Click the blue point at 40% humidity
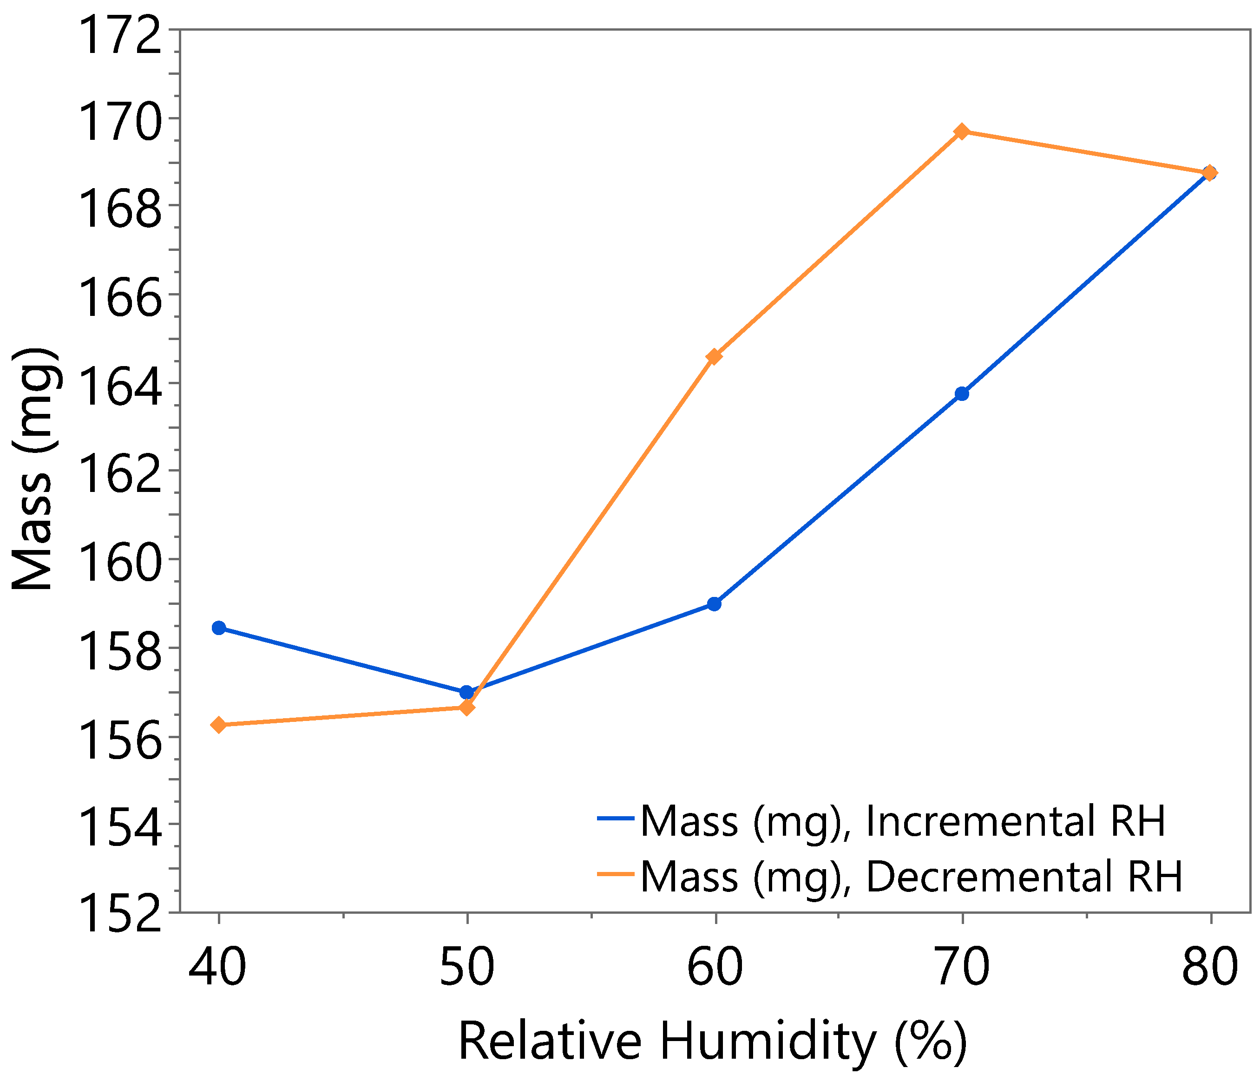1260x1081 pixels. point(219,628)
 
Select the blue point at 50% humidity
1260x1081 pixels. point(466,693)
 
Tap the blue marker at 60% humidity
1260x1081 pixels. point(715,604)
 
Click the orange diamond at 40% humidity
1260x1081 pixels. point(219,725)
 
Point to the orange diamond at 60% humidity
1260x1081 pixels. point(715,356)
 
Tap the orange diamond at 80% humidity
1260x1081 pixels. point(1210,173)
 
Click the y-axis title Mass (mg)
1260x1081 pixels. point(35,468)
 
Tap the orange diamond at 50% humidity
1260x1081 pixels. point(466,707)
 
